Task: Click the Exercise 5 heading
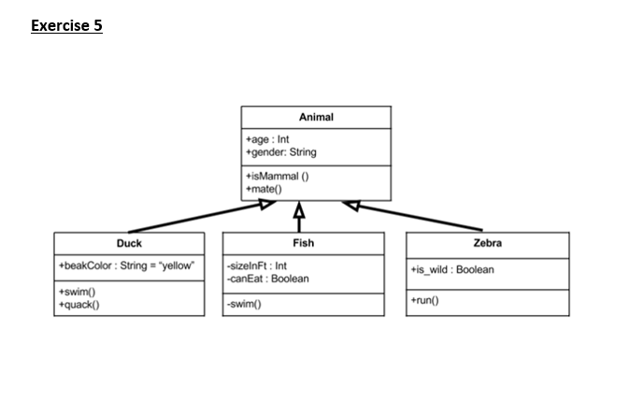pyautogui.click(x=66, y=25)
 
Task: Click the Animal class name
pyautogui.click(x=316, y=118)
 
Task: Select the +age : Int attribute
pyautogui.click(x=267, y=140)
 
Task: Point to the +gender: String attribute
pyautogui.click(x=280, y=152)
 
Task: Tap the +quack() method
pyautogui.click(x=80, y=304)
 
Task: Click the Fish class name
pyautogui.click(x=303, y=243)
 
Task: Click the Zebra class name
pyautogui.click(x=487, y=243)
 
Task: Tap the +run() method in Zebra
pyautogui.click(x=426, y=300)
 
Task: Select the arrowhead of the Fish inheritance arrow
pyautogui.click(x=299, y=208)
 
